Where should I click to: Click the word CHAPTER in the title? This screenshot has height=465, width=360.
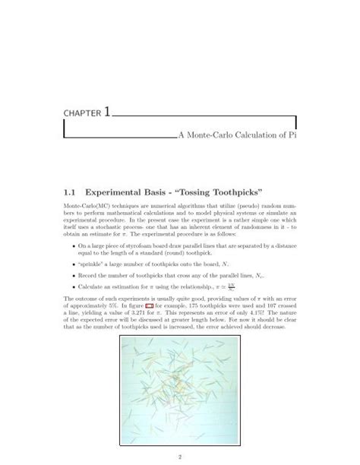(79, 115)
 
